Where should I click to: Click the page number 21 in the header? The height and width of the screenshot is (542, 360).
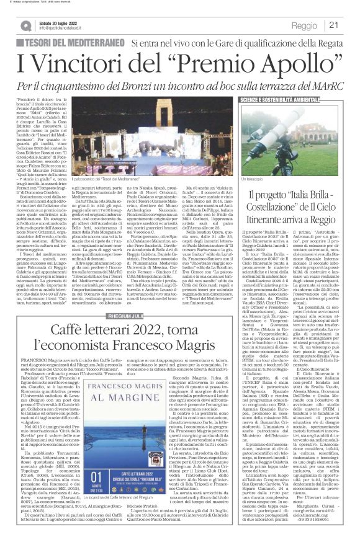[349, 25]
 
